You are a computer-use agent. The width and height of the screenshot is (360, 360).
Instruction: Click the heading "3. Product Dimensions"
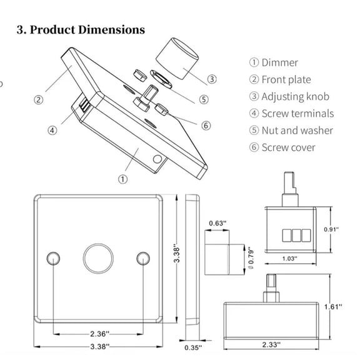click(x=81, y=30)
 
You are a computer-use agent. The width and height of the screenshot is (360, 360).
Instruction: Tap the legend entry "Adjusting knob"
click(x=295, y=97)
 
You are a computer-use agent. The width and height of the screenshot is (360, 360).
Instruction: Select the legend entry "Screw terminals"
click(x=297, y=113)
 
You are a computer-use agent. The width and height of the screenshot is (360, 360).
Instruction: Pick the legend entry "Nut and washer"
click(x=297, y=131)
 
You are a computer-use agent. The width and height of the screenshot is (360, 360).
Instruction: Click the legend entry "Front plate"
click(x=286, y=79)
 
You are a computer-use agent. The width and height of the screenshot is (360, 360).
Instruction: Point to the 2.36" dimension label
click(x=99, y=334)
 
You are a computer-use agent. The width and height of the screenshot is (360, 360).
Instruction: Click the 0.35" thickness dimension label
click(x=193, y=347)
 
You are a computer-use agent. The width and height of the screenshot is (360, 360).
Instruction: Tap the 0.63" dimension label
click(x=217, y=223)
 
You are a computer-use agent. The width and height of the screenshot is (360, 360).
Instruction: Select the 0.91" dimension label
click(x=331, y=229)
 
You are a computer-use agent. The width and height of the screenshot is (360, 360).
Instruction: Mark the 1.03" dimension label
click(x=289, y=259)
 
